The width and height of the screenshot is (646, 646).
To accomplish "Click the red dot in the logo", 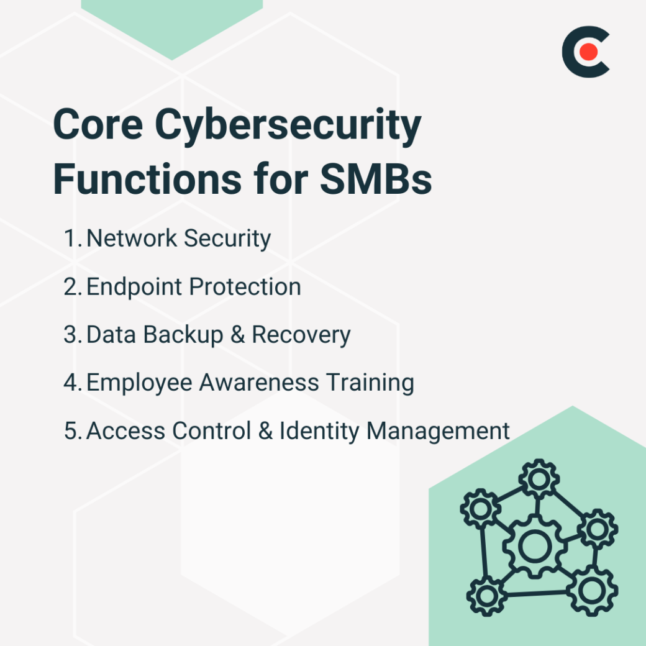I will [x=589, y=52].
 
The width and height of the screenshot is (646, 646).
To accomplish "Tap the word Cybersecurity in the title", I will [x=288, y=125].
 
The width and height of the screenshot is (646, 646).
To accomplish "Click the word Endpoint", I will [x=134, y=287].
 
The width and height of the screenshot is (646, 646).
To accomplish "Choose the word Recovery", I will [x=301, y=335].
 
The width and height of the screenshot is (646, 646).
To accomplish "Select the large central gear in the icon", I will [x=532, y=546].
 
